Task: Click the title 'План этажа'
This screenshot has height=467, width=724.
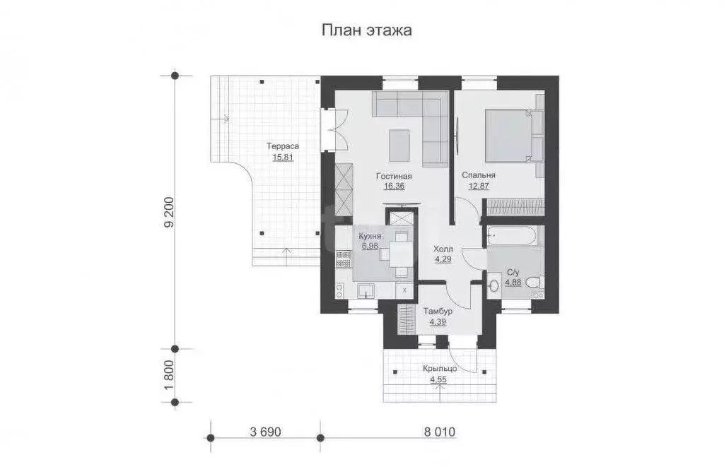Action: pyautogui.click(x=366, y=30)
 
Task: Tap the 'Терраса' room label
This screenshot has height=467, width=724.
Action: pyautogui.click(x=282, y=146)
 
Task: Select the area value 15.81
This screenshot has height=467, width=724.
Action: pyautogui.click(x=282, y=157)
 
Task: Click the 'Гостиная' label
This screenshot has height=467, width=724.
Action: pyautogui.click(x=395, y=177)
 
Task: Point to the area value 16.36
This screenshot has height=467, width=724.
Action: pyautogui.click(x=395, y=187)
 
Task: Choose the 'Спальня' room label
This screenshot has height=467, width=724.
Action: pyautogui.click(x=479, y=175)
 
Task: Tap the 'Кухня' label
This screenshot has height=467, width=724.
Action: pyautogui.click(x=370, y=237)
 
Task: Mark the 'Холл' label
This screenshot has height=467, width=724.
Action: pyautogui.click(x=443, y=249)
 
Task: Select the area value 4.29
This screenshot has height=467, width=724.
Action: pyautogui.click(x=443, y=259)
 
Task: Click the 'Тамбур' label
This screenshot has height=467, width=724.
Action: pyautogui.click(x=438, y=311)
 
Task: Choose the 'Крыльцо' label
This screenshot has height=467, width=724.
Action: pyautogui.click(x=440, y=370)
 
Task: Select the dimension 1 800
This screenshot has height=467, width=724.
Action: pyautogui.click(x=168, y=376)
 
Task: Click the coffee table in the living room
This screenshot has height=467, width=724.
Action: pyautogui.click(x=399, y=146)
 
